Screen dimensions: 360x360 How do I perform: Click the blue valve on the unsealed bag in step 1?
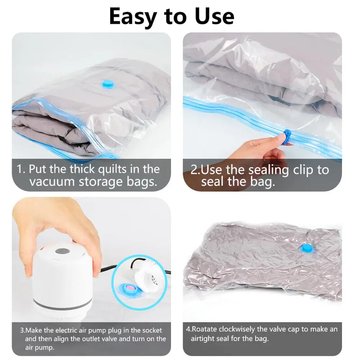pos(108,84)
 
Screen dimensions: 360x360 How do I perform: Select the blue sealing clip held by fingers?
pos(287,137)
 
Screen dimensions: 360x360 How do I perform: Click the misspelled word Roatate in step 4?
pos(204,329)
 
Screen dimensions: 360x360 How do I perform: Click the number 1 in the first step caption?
pos(20,170)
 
